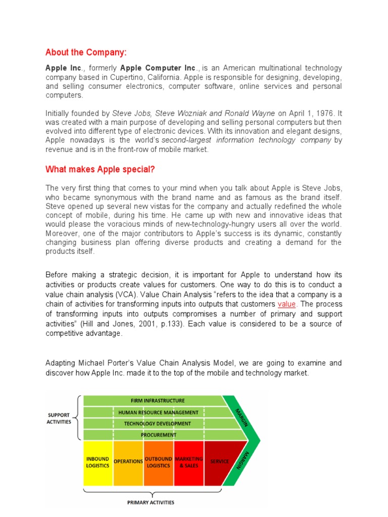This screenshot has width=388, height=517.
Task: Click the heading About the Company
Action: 86,53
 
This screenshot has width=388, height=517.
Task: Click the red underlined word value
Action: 286,304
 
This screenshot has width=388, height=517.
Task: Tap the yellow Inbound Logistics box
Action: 98,462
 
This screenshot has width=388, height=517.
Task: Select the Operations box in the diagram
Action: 128,461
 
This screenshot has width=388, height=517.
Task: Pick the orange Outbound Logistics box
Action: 159,462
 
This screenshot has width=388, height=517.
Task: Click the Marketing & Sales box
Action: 188,462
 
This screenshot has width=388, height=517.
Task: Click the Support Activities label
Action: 60,418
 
